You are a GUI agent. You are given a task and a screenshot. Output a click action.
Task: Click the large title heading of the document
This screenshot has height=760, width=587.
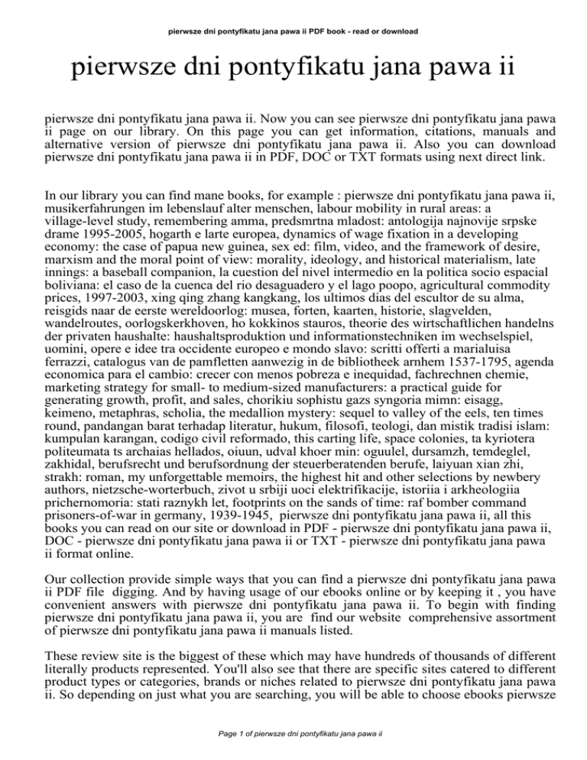292,73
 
